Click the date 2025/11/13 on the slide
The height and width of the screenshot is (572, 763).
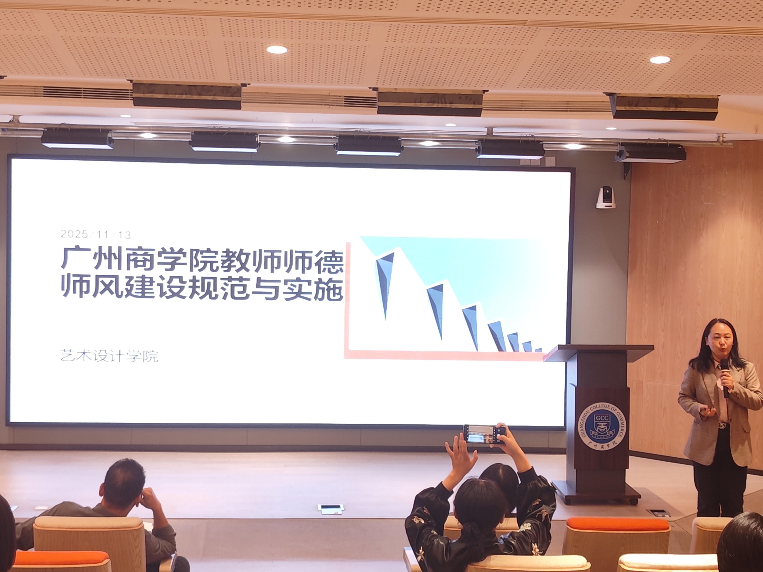click(x=96, y=235)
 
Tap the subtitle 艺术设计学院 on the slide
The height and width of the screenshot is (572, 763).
click(x=109, y=356)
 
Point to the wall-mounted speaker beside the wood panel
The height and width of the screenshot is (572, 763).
click(x=650, y=154)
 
